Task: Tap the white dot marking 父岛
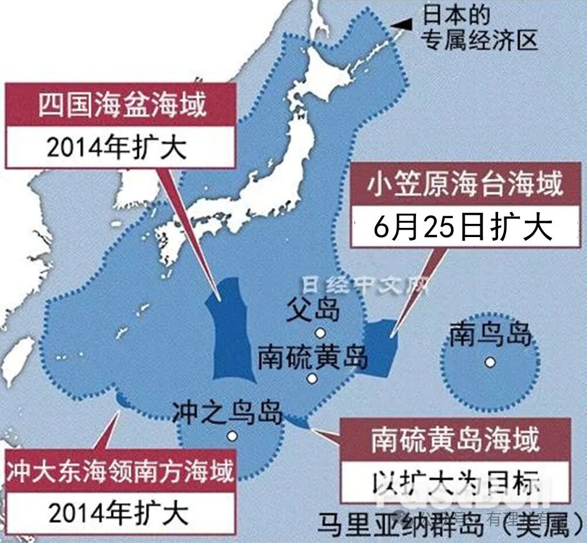pos(319,332)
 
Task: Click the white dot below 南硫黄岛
pos(312,378)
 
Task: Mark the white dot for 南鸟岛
pos(489,362)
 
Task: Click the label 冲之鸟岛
pos(228,412)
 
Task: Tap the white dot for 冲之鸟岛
pos(232,436)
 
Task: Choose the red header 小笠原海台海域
pos(465,186)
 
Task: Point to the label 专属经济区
pos(480,40)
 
